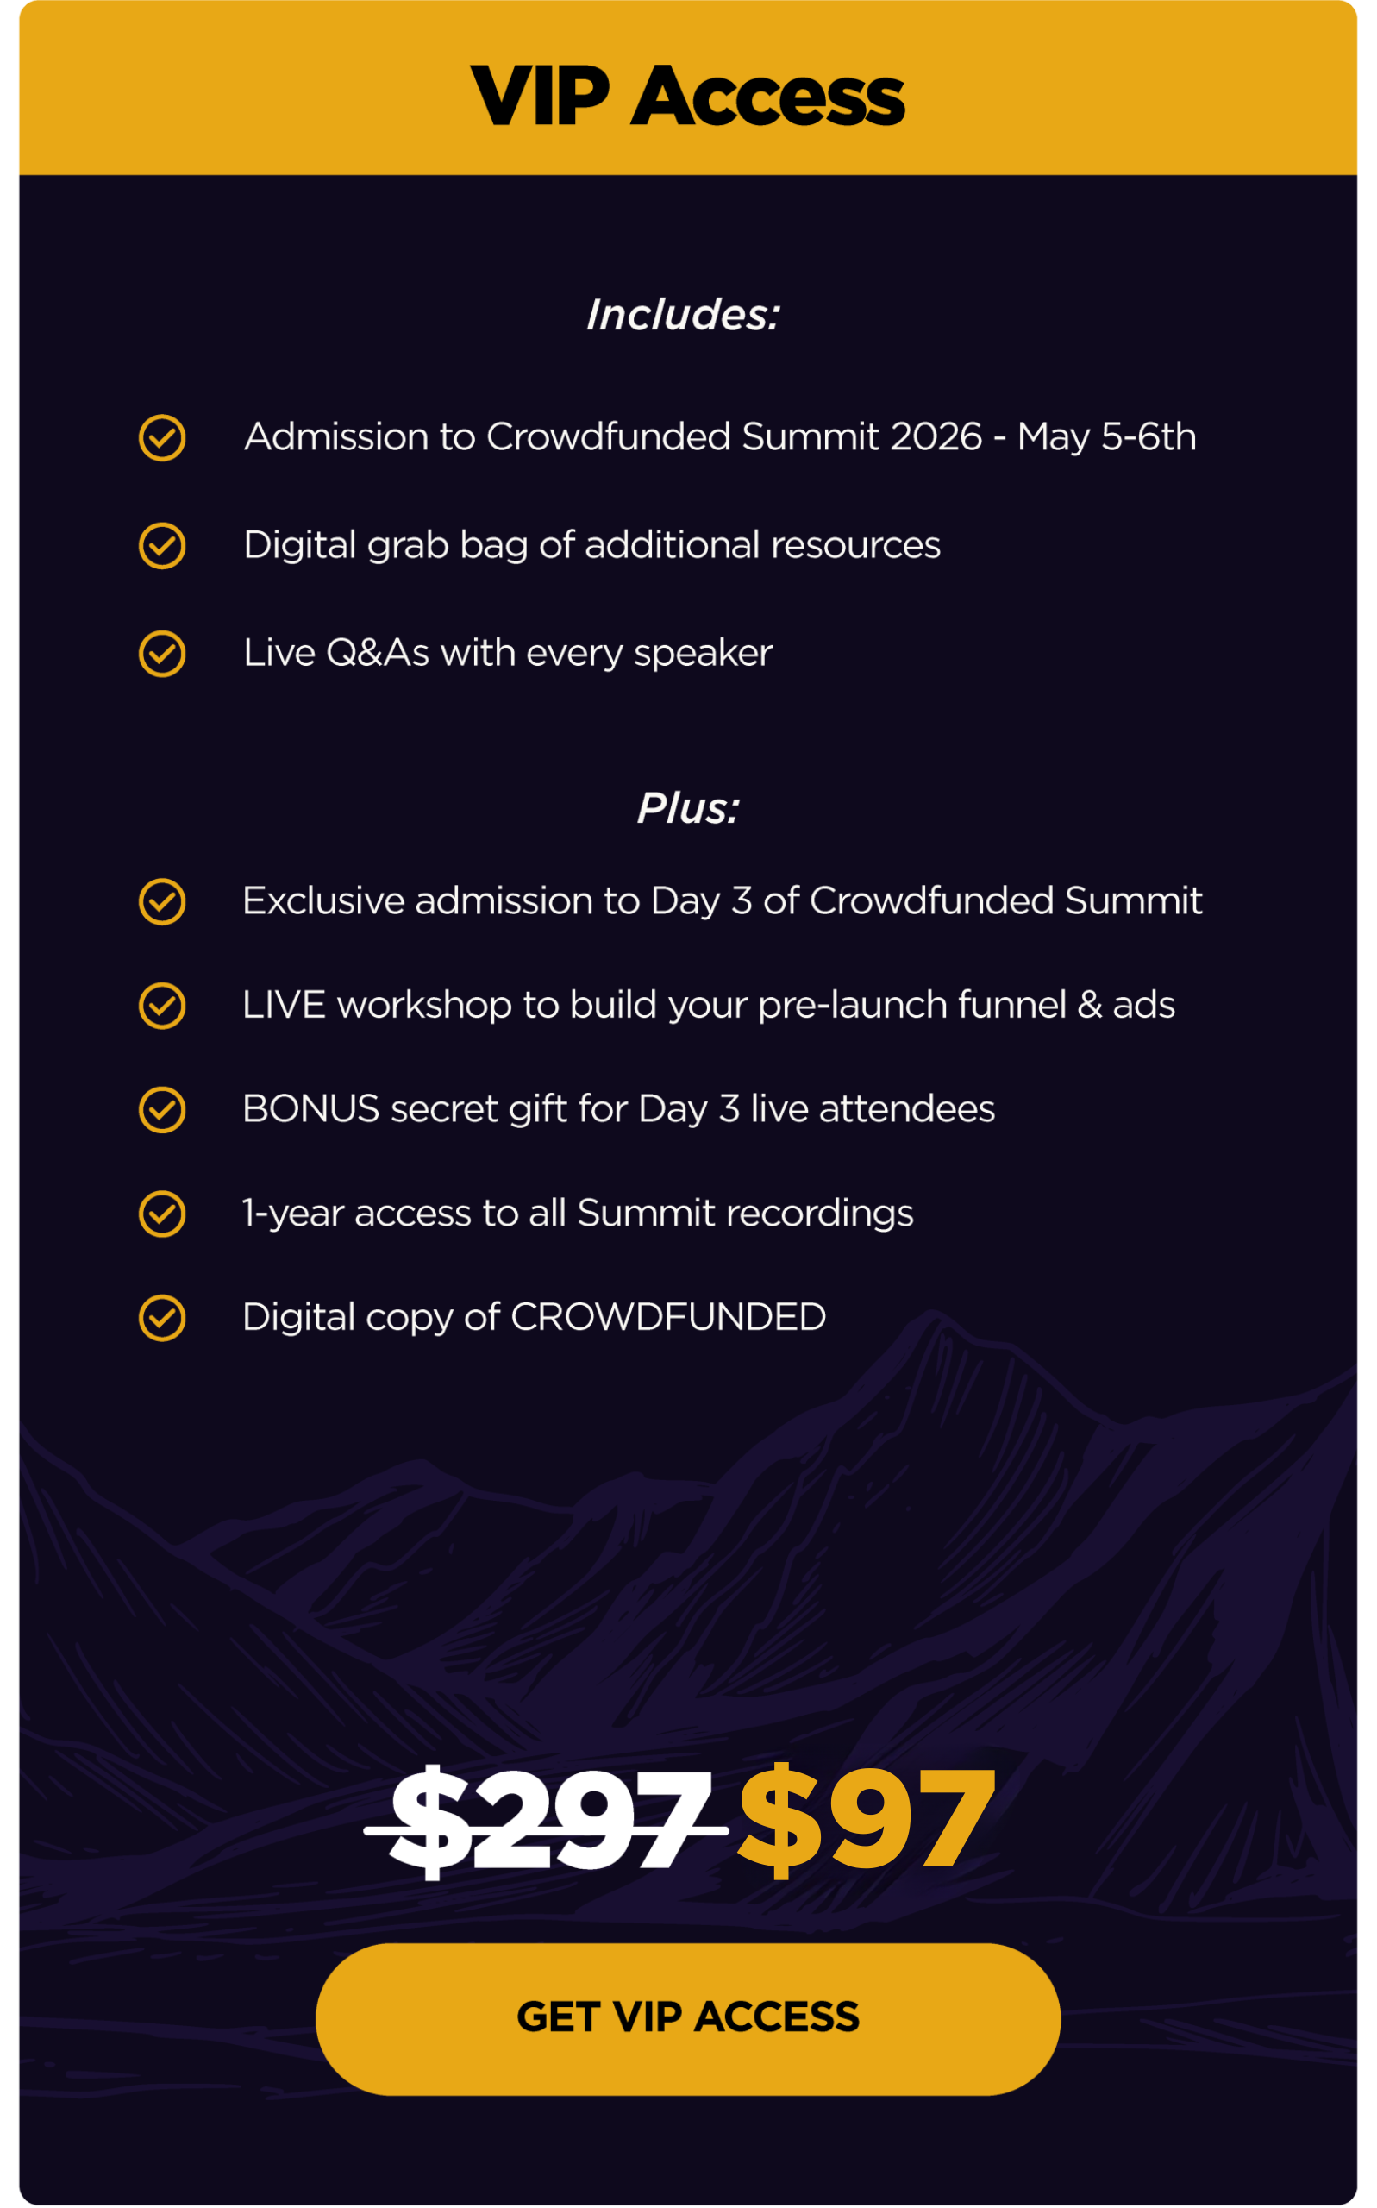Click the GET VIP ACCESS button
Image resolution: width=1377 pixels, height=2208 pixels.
[x=687, y=2018]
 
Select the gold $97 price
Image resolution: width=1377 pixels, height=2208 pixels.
[x=866, y=1818]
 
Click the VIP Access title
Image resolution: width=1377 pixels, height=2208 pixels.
[x=687, y=97]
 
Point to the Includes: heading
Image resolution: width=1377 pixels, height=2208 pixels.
[x=683, y=315]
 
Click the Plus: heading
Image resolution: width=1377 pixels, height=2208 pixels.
[x=688, y=809]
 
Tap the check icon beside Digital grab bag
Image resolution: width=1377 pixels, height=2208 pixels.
[x=162, y=546]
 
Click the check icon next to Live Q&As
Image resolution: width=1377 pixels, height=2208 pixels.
[x=162, y=653]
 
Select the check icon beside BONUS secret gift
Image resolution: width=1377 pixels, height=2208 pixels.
[x=162, y=1109]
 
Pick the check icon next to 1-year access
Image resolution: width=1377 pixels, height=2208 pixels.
[x=162, y=1214]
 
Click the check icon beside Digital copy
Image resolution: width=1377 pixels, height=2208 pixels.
[x=162, y=1318]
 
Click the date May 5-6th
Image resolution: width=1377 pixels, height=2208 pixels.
[x=1106, y=437]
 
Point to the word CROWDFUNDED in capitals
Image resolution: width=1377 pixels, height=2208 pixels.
[x=668, y=1317]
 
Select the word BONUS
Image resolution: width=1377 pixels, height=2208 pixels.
[x=311, y=1109]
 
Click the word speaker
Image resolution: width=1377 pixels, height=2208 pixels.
[x=703, y=654]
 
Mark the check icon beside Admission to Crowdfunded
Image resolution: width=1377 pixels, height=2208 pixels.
[x=162, y=438]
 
